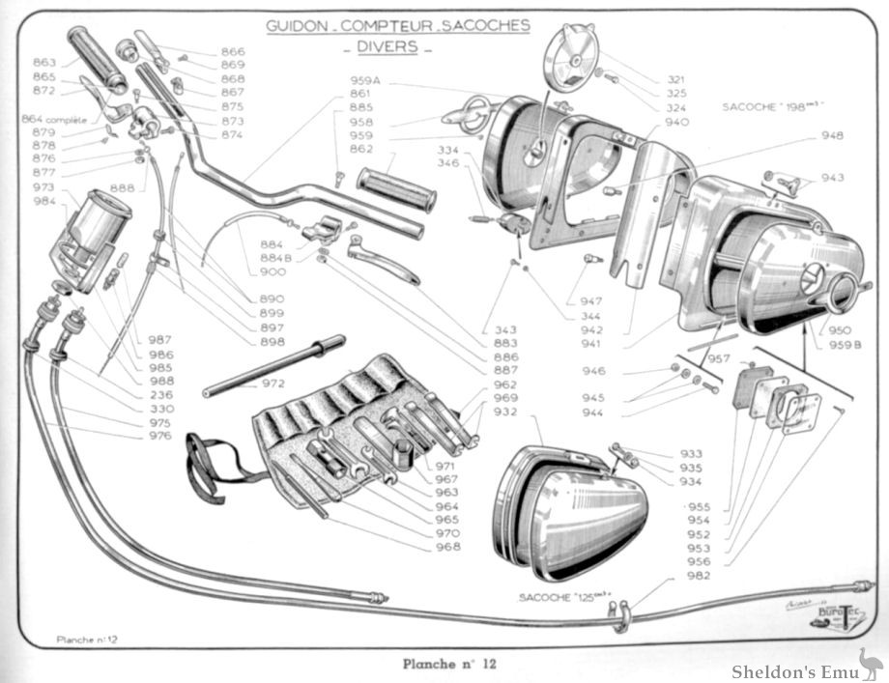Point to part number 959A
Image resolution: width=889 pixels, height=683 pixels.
364,79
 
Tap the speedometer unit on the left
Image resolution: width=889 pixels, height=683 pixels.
92,237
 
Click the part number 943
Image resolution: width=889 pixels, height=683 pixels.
832,178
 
